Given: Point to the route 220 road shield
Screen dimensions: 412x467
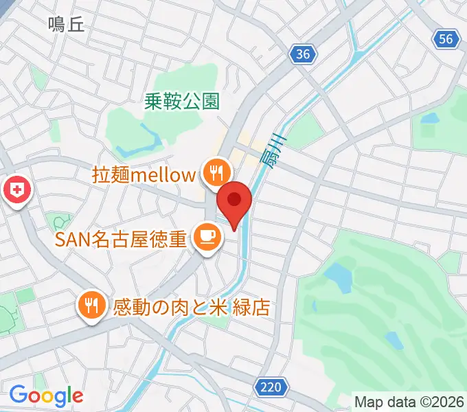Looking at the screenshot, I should [271, 388].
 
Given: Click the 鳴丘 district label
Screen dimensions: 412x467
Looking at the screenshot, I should [66, 25].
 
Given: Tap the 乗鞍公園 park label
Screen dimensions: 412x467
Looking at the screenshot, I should [182, 102].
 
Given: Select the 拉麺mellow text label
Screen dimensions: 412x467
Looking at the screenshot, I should [144, 174].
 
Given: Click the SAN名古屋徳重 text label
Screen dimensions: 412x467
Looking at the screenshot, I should [122, 239].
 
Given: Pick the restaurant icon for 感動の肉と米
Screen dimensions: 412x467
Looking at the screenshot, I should [91, 305].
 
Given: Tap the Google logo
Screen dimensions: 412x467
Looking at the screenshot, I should [46, 396].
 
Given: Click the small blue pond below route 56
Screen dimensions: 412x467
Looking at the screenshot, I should [430, 118].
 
